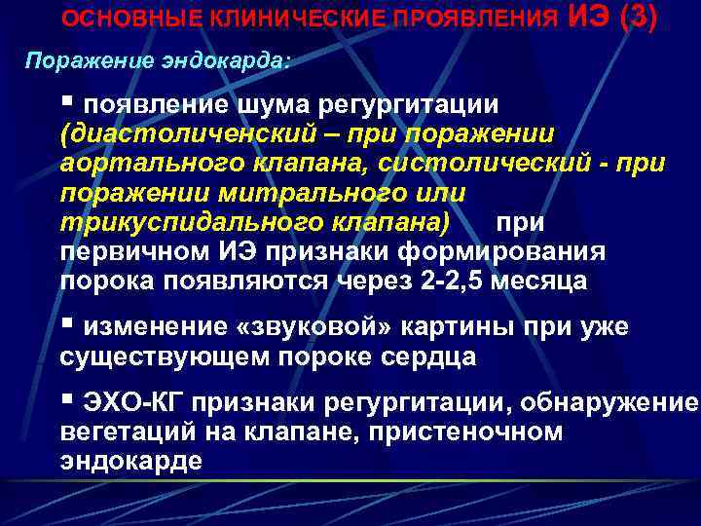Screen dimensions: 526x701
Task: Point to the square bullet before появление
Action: coord(67,101)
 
